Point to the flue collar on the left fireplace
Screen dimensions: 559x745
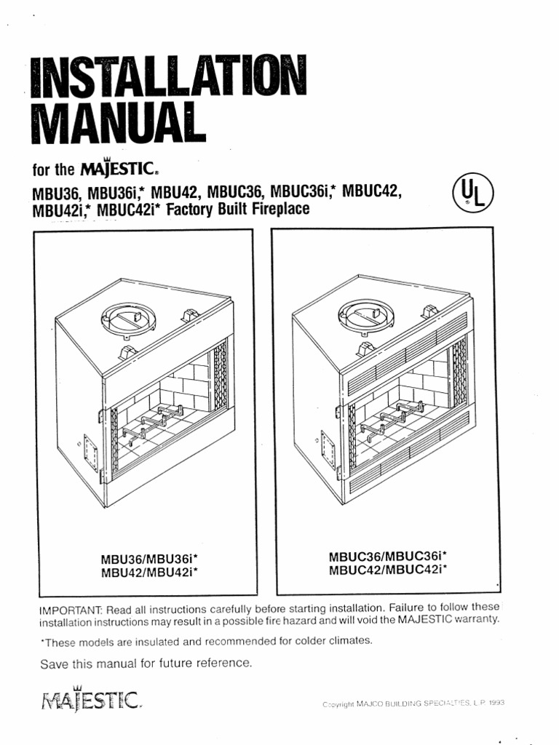point(128,319)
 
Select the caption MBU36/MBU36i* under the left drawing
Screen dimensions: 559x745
point(149,559)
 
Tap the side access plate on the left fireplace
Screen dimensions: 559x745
point(91,454)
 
